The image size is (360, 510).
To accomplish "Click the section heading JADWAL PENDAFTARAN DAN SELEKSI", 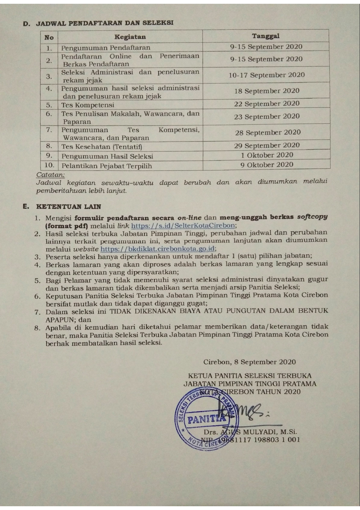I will click(105, 23).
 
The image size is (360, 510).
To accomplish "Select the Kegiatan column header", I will click(130, 37).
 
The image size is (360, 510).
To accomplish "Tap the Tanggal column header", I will click(266, 36).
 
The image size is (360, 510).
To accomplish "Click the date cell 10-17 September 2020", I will click(267, 75).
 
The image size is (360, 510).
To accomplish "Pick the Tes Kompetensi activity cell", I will click(88, 105).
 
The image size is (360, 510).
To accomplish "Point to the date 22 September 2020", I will click(267, 104).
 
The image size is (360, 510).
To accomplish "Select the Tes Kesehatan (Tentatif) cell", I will click(102, 147).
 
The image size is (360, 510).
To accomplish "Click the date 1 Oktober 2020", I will click(267, 155).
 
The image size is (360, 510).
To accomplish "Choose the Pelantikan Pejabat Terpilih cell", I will click(107, 166).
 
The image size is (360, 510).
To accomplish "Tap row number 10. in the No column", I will click(49, 165).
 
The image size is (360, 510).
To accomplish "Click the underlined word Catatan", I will click(50, 175).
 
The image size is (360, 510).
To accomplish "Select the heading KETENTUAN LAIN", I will click(69, 207).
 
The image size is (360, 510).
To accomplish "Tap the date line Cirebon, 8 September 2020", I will click(249, 362).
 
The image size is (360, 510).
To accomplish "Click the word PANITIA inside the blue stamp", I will click(206, 419).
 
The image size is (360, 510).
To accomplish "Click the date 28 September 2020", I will click(268, 133).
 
